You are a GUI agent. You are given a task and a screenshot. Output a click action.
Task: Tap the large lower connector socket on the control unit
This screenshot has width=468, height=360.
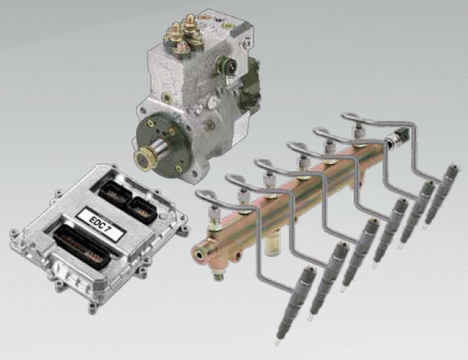tap(81, 247)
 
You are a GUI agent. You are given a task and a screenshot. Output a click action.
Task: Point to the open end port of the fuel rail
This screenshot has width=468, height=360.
tap(199, 254)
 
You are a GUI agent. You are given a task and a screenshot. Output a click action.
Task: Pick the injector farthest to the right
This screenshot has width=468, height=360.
tap(441, 194)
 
